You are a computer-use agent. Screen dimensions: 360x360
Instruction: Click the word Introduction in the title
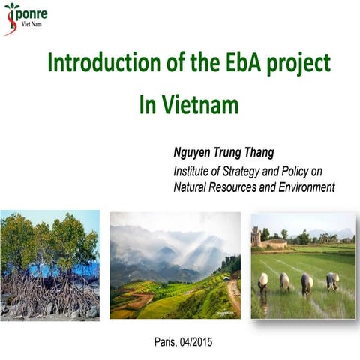[x=97, y=63]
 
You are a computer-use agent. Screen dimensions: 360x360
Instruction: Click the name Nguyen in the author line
[x=196, y=153]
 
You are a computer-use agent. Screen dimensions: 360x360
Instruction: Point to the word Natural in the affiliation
[x=193, y=187]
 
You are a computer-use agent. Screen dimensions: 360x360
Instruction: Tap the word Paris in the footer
[x=166, y=342]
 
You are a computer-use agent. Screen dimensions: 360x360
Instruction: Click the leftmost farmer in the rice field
[x=262, y=283]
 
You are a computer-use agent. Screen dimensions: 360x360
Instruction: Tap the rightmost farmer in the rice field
[x=331, y=281]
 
